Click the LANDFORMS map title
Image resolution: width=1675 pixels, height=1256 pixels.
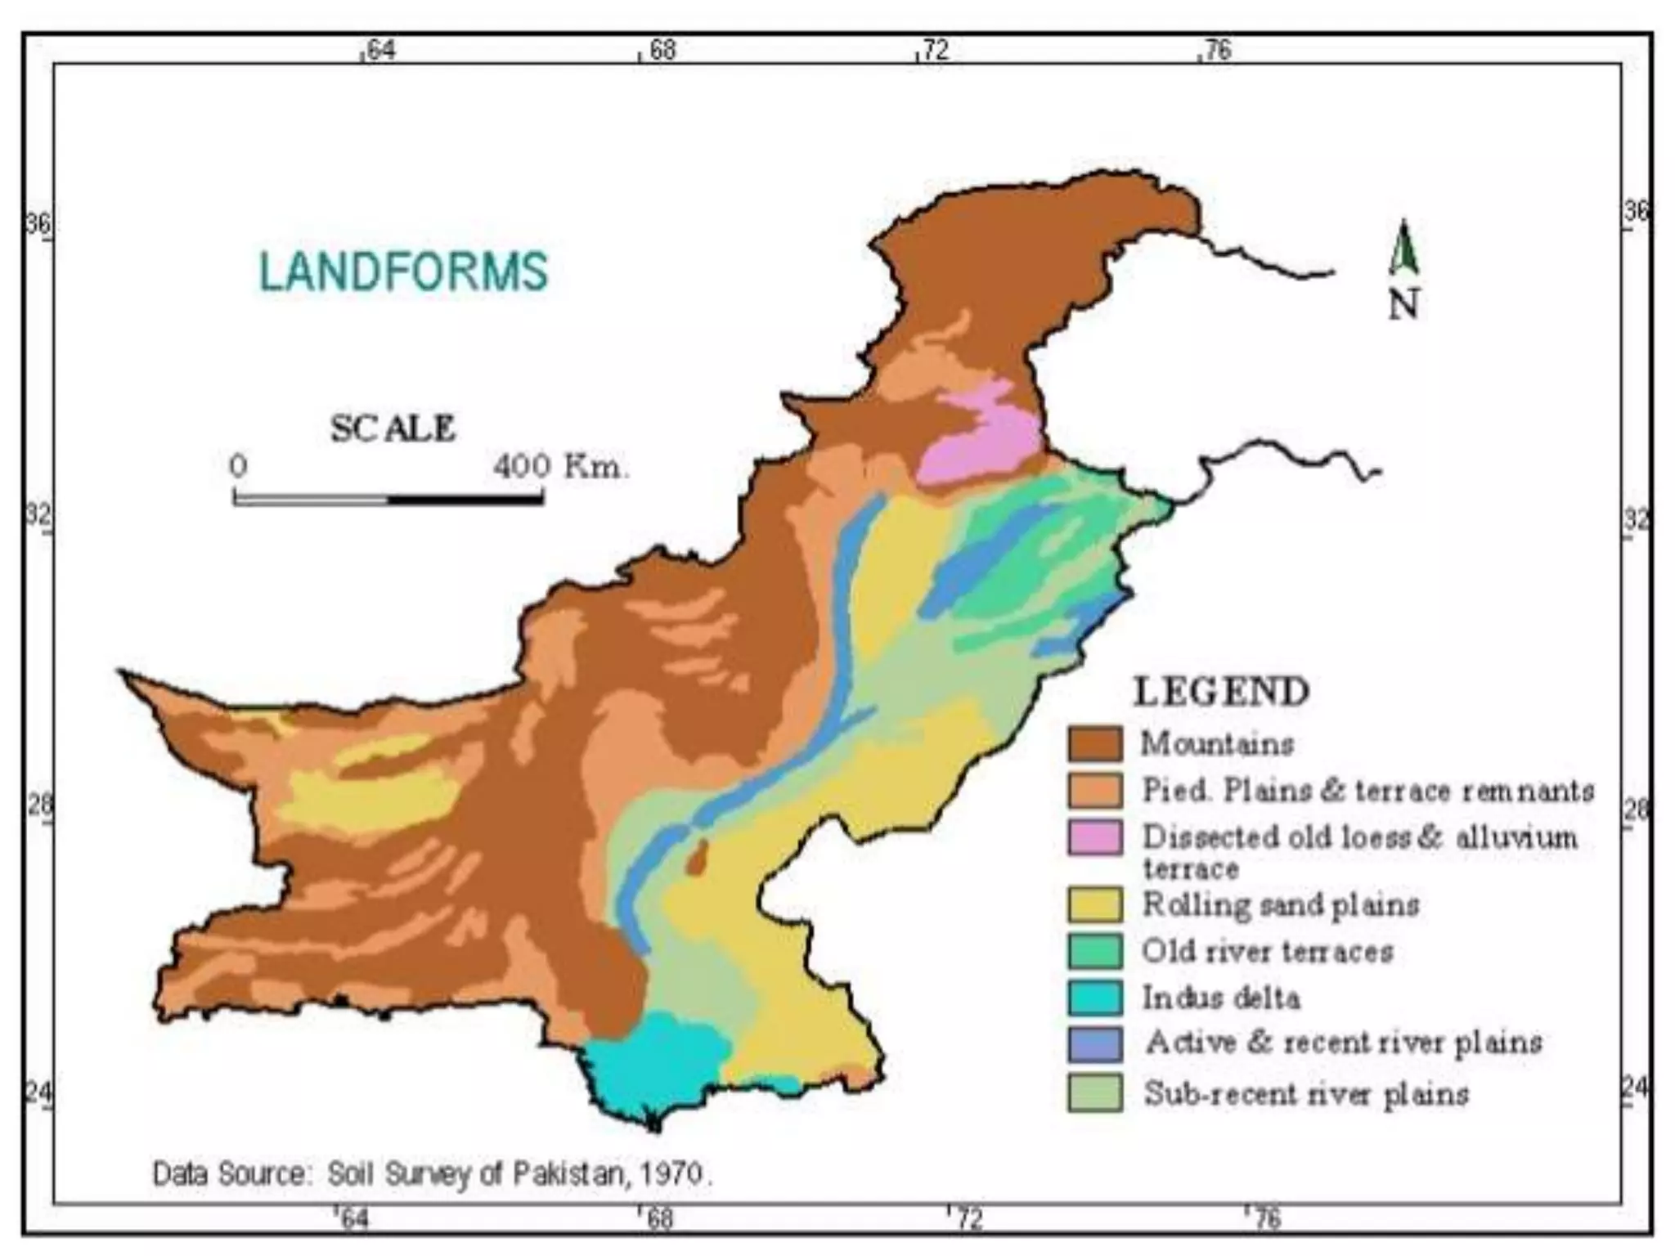pyautogui.click(x=403, y=271)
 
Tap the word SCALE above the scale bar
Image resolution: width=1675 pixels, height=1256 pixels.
pyautogui.click(x=393, y=429)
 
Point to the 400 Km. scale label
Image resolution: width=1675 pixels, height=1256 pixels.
pyautogui.click(x=559, y=467)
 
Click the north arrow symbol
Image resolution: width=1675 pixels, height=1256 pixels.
pyautogui.click(x=1403, y=249)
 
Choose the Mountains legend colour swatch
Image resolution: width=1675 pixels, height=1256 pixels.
pyautogui.click(x=1094, y=744)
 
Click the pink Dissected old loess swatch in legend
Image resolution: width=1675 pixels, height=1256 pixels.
pyautogui.click(x=1094, y=838)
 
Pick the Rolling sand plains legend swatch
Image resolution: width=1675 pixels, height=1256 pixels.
pyautogui.click(x=1094, y=904)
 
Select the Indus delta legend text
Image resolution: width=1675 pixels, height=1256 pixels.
pyautogui.click(x=1220, y=998)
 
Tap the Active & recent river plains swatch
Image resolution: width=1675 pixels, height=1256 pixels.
pyautogui.click(x=1094, y=1044)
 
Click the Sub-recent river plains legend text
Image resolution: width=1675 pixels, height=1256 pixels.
pyautogui.click(x=1305, y=1093)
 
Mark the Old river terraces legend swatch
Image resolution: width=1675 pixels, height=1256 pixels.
pyautogui.click(x=1094, y=951)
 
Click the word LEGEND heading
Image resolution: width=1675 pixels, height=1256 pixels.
pyautogui.click(x=1221, y=692)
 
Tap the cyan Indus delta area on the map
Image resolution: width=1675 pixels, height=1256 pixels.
pyautogui.click(x=654, y=1063)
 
